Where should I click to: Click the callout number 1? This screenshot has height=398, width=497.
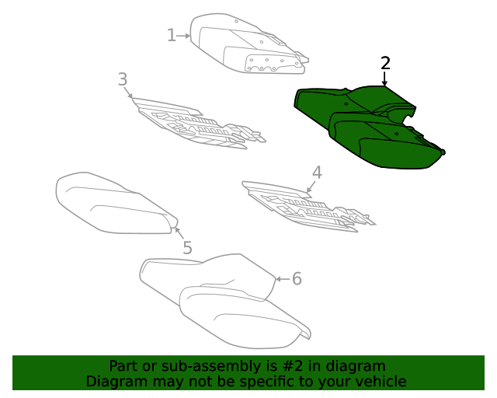(x=172, y=35)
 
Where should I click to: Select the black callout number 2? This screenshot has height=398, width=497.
(x=385, y=63)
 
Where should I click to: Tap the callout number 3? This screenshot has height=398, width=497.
(x=123, y=79)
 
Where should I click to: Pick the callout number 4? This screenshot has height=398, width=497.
(x=317, y=173)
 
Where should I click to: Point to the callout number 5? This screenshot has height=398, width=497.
(x=188, y=247)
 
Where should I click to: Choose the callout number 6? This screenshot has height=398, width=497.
(x=297, y=278)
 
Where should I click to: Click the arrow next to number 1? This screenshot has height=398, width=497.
(x=183, y=36)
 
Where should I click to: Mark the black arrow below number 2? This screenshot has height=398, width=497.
(x=384, y=79)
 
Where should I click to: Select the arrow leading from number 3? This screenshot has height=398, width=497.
(x=129, y=92)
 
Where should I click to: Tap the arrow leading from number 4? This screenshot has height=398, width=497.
(x=311, y=187)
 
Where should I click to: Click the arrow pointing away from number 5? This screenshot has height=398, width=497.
(x=179, y=233)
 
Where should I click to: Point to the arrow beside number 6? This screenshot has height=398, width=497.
(x=283, y=279)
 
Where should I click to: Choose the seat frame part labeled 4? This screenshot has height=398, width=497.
(x=304, y=206)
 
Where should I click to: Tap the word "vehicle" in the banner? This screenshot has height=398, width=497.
(x=383, y=381)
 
